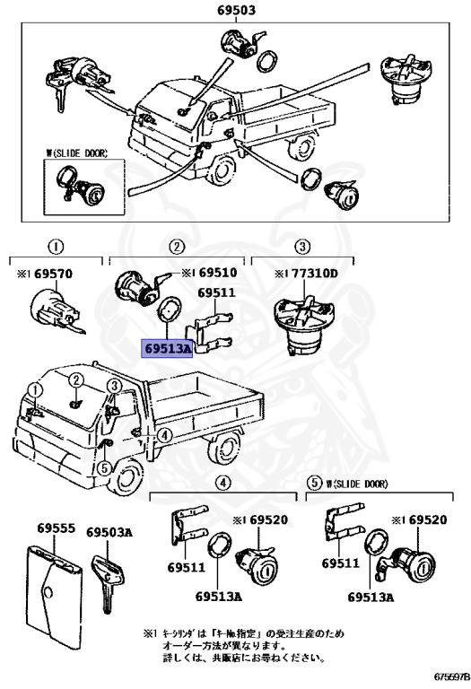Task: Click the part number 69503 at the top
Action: click(x=237, y=10)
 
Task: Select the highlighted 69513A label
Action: click(x=166, y=347)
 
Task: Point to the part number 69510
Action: click(x=216, y=272)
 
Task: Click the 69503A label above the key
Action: click(x=109, y=532)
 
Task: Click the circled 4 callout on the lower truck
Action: click(x=164, y=435)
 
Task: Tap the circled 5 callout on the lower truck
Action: click(x=104, y=467)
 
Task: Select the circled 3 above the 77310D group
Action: click(x=302, y=246)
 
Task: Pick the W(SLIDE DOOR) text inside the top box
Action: click(x=76, y=153)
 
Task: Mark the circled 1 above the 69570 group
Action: click(x=55, y=246)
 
